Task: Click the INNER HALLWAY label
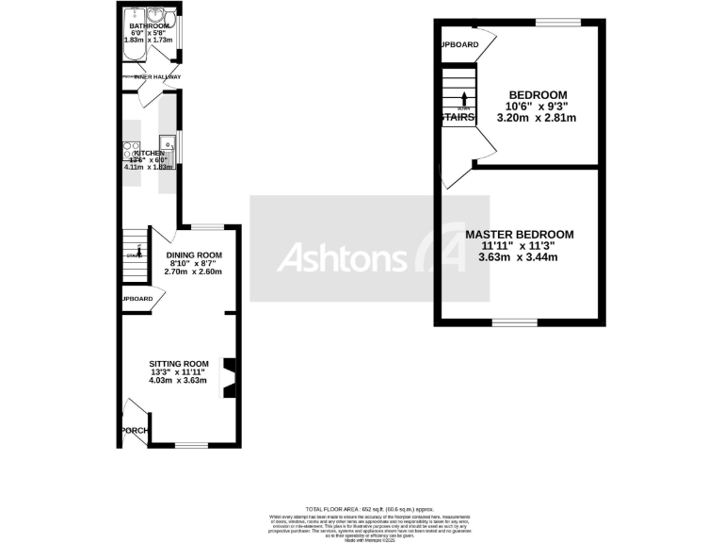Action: [155, 76]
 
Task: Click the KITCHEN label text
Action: [149, 153]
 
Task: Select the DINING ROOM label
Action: [194, 255]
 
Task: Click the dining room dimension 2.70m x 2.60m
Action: [194, 271]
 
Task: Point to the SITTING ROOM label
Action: [178, 364]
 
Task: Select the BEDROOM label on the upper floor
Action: [538, 95]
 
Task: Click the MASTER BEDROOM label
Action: [520, 234]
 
